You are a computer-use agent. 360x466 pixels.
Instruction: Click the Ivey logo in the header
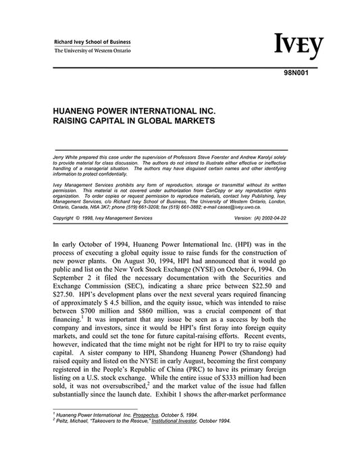pos(298,45)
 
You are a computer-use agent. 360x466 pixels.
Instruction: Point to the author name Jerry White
pos(67,156)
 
